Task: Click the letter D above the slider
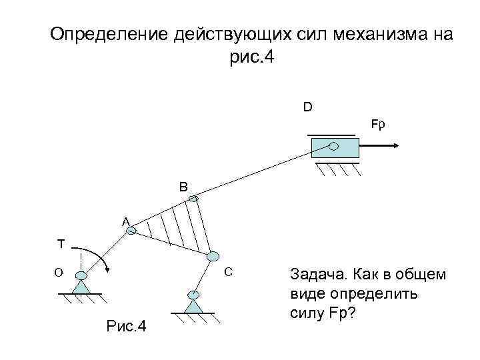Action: click(x=307, y=107)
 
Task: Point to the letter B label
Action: click(x=183, y=187)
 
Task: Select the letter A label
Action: click(x=125, y=221)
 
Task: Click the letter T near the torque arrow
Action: click(x=60, y=244)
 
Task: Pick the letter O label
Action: click(x=59, y=272)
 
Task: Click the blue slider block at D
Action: click(x=335, y=147)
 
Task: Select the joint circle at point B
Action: click(x=193, y=198)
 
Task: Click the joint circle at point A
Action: click(x=131, y=231)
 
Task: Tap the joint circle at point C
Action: click(x=213, y=256)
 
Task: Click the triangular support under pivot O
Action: click(x=81, y=287)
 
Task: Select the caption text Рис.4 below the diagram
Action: click(x=127, y=327)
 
